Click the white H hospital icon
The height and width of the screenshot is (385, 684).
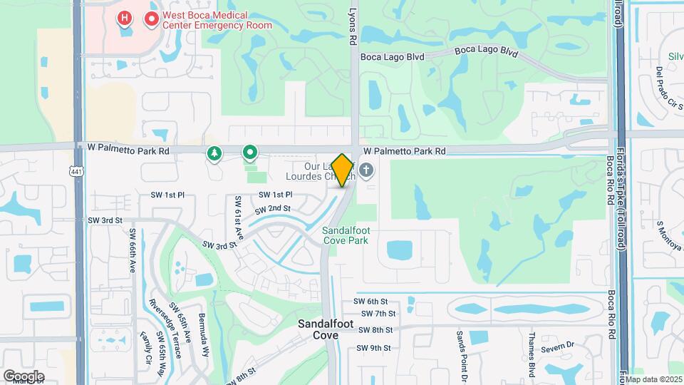coord(125,17)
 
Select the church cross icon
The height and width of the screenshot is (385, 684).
coord(366,170)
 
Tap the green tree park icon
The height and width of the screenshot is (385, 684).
coord(214,153)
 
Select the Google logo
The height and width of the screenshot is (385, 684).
coord(24,376)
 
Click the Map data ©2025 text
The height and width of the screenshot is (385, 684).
coord(653,379)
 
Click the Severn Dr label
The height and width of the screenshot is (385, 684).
coord(557,346)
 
